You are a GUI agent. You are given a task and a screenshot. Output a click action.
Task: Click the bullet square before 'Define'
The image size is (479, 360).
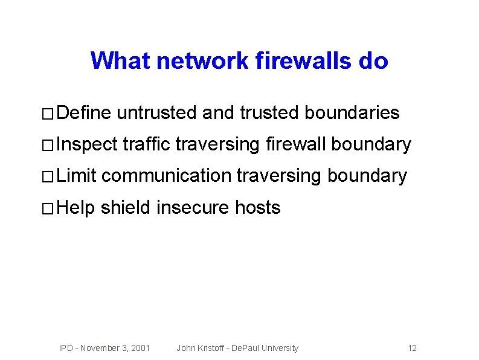pos(48,114)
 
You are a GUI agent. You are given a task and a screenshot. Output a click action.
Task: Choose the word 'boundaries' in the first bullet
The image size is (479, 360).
pos(352,113)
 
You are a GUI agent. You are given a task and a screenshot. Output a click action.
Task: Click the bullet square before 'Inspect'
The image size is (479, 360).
pos(48,146)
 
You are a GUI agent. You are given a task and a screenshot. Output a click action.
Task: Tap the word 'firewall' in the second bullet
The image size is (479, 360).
pos(296,144)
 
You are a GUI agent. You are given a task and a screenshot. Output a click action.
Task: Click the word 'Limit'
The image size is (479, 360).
pos(77,176)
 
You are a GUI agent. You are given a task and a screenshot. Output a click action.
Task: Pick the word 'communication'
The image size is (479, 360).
pos(167,176)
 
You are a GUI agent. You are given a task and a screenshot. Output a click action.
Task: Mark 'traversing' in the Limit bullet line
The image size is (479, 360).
pos(278,176)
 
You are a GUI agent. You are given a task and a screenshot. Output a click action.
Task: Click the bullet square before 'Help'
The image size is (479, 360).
pos(48,209)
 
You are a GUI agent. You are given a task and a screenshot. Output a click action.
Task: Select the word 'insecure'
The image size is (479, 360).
pos(193,208)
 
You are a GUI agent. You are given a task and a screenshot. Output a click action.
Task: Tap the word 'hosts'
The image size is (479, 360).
pos(258,208)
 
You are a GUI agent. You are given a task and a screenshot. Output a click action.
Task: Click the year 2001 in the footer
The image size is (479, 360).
pos(140,348)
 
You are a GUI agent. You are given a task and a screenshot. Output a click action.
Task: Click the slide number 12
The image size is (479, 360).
pos(413,348)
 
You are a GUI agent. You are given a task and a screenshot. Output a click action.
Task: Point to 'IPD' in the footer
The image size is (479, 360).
pos(66,348)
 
